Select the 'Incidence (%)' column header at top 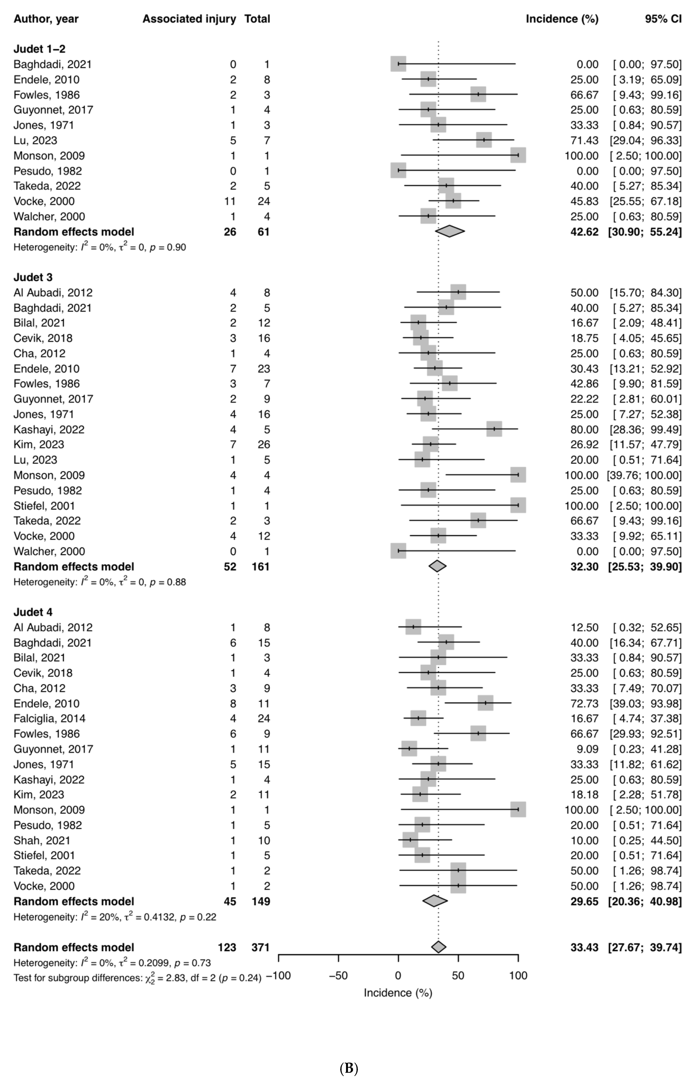click(562, 19)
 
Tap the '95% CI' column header click(663, 19)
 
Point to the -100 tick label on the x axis click(278, 976)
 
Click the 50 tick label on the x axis click(458, 976)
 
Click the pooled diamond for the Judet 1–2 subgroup click(450, 231)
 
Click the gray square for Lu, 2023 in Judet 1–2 click(484, 140)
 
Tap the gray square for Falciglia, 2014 click(418, 718)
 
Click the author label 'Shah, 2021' click(42, 840)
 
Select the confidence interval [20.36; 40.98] click(645, 901)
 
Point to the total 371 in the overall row click(261, 947)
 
